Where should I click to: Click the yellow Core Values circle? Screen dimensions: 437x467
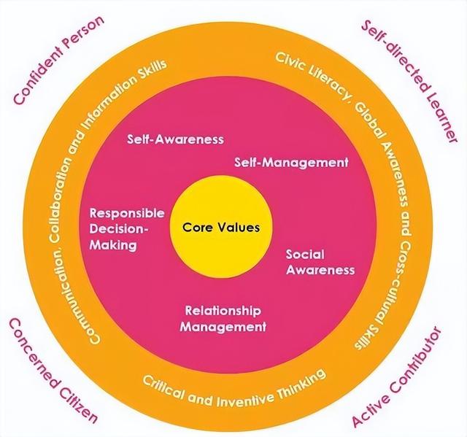coord(216,226)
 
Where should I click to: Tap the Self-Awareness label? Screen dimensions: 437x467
coord(175,138)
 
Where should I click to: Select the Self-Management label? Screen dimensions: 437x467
coord(291,162)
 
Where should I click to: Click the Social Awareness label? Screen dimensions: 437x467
coord(320,262)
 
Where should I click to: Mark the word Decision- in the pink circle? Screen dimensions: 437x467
coord(118,229)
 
